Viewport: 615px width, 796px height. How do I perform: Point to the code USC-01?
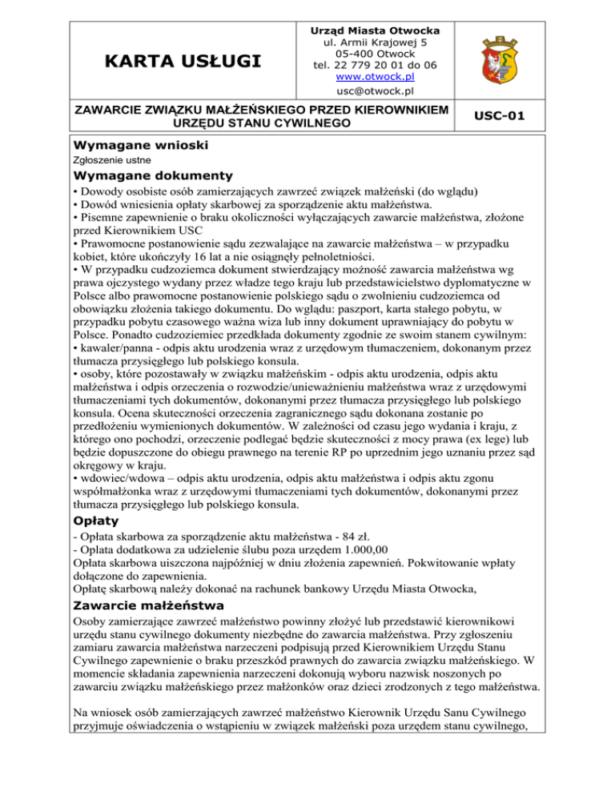(x=498, y=116)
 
